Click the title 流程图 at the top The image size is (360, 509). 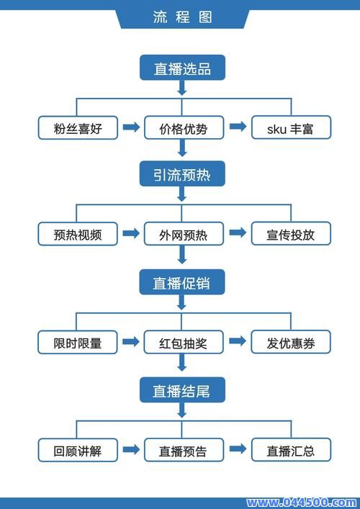click(182, 17)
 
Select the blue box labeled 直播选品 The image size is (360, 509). click(182, 68)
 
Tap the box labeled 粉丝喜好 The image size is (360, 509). click(78, 128)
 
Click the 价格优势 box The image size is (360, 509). click(183, 128)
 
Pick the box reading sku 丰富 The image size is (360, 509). click(290, 128)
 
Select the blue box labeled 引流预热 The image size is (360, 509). click(182, 174)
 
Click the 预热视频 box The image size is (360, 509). click(78, 234)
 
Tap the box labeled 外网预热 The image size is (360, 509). click(183, 234)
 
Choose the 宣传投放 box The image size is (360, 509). click(290, 234)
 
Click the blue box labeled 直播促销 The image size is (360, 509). click(182, 283)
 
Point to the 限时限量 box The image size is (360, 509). click(78, 342)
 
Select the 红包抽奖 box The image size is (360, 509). click(183, 342)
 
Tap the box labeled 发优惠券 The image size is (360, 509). click(290, 342)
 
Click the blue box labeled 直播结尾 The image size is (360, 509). click(182, 390)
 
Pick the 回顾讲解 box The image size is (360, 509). click(78, 450)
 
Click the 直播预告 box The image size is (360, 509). click(183, 450)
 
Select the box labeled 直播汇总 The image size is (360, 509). click(290, 450)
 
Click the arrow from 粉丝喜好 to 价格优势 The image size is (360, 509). click(131, 127)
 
